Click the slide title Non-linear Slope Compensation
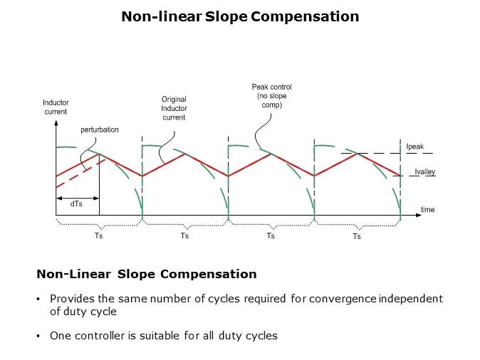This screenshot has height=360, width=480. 240,16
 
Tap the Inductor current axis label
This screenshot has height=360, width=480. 56,107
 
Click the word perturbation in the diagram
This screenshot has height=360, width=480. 100,131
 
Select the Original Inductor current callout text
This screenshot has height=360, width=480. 174,108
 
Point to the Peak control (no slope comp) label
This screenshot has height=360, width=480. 272,95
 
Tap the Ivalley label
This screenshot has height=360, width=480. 425,171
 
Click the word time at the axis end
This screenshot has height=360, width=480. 427,210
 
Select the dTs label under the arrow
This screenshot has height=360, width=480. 75,203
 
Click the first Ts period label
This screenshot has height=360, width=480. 98,235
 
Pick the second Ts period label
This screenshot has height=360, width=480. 184,235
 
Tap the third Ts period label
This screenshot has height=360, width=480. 271,235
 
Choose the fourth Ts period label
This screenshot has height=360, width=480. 356,236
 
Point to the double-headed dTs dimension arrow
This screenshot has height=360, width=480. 77,197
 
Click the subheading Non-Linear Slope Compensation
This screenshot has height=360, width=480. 147,274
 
